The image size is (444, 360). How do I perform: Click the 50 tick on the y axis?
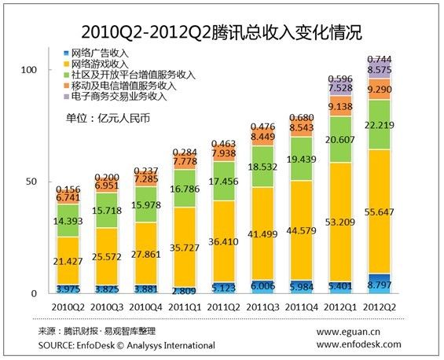pos(32,182)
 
